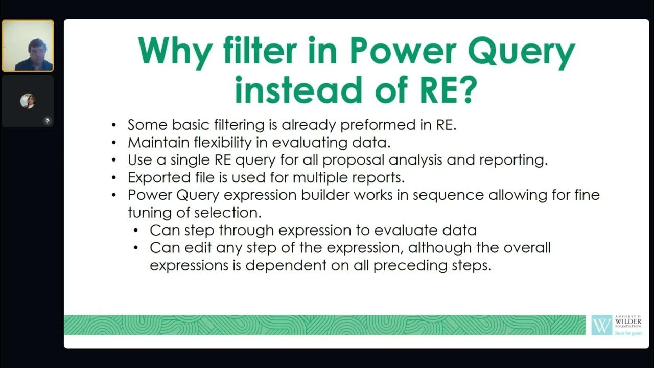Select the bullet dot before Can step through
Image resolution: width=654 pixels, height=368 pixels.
[136, 231]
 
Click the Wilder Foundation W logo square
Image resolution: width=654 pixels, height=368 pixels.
[601, 325]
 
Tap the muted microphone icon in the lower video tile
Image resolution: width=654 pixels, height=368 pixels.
[46, 121]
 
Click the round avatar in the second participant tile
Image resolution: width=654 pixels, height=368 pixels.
[28, 101]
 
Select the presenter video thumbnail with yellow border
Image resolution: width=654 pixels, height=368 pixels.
[28, 45]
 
